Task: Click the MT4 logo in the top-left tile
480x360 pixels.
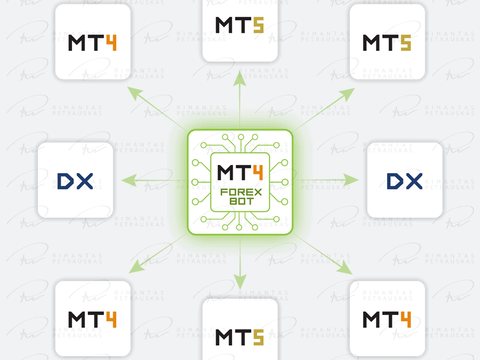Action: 92,43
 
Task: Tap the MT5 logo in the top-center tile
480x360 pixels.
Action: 239,25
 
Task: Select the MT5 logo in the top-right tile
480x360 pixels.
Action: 386,43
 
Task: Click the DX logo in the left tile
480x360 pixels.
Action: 75,181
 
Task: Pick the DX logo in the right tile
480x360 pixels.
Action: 404,181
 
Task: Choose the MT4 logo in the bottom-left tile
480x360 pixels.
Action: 92,320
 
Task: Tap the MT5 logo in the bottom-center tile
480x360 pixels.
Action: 239,337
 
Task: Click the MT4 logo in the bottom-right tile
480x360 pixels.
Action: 386,320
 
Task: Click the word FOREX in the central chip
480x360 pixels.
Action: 241,192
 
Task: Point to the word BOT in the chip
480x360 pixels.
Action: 242,202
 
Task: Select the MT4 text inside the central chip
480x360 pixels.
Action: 240,173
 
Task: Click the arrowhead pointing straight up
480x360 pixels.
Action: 239,78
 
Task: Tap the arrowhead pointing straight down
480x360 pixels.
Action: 240,281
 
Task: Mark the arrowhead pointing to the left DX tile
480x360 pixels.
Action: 129,181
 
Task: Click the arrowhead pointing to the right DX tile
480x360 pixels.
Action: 351,180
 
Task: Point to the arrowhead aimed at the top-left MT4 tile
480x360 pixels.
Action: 135,94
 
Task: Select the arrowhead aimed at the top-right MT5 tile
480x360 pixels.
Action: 347,95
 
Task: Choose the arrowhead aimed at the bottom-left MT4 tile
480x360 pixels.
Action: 137,266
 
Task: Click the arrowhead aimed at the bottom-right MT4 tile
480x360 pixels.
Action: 344,267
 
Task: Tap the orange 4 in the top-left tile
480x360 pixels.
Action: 111,43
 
